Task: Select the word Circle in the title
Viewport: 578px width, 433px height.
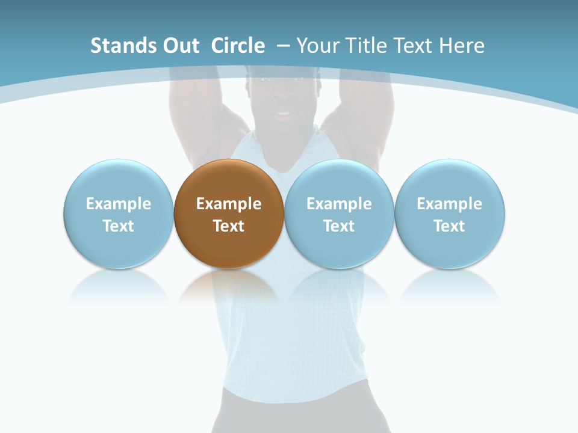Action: (x=238, y=46)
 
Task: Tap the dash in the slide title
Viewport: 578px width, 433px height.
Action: (x=282, y=46)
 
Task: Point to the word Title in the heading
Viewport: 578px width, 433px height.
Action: (x=368, y=46)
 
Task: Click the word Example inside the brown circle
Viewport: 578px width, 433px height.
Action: (x=229, y=204)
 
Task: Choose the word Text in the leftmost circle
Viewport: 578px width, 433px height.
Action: (x=119, y=226)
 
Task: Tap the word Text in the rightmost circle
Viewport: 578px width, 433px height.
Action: (x=450, y=226)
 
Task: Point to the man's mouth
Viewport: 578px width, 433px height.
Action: (x=283, y=114)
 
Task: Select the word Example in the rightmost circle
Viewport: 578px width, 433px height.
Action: (x=450, y=204)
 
